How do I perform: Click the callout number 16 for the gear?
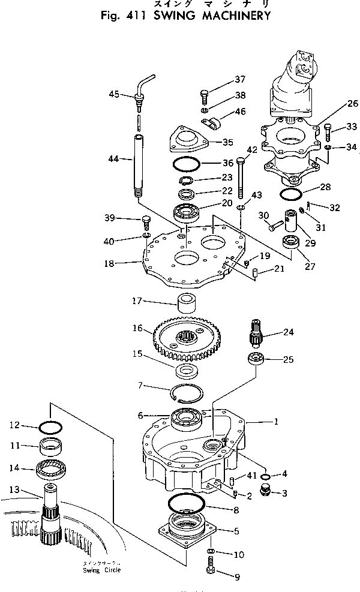click(138, 328)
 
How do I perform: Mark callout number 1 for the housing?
click(276, 422)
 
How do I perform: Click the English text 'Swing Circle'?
click(102, 570)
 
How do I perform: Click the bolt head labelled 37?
click(204, 94)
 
